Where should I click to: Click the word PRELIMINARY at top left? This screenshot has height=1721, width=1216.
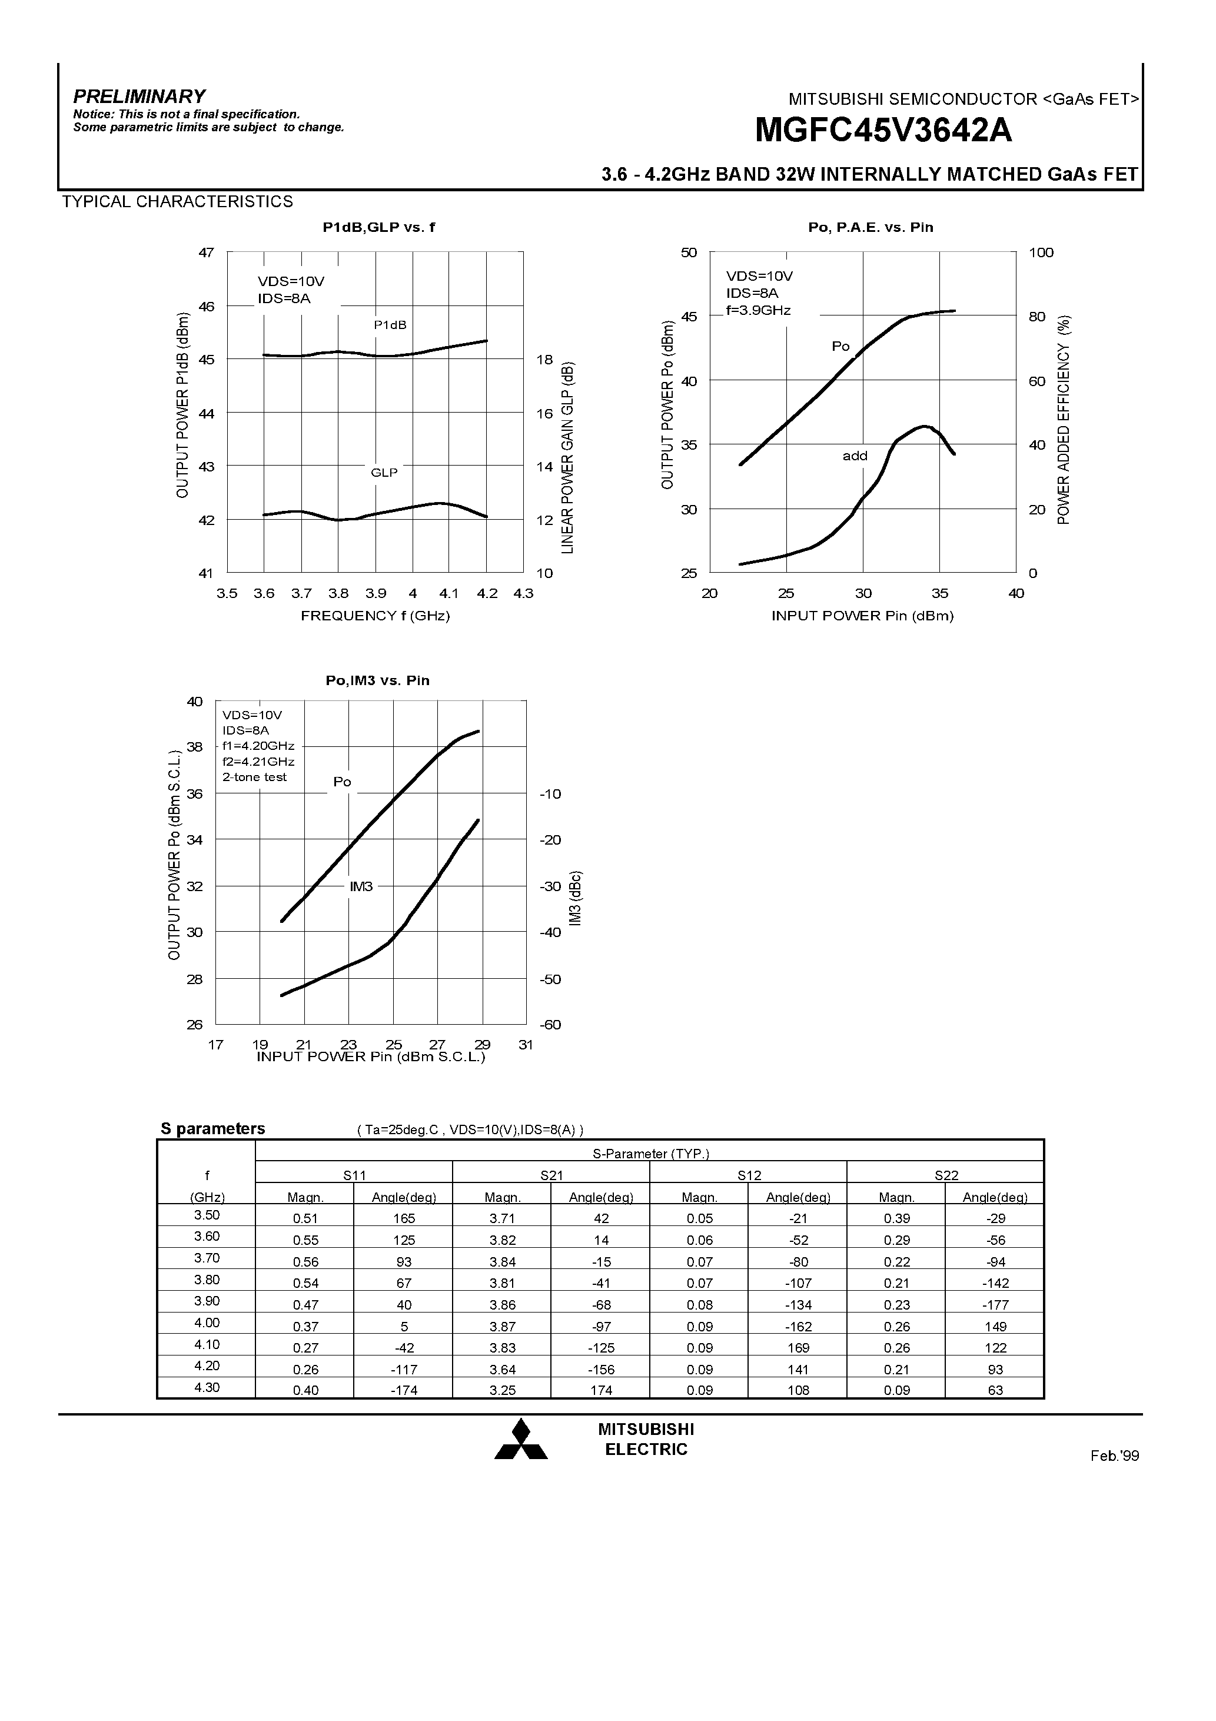coord(139,96)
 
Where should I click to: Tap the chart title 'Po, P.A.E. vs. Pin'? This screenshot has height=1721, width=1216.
coord(871,227)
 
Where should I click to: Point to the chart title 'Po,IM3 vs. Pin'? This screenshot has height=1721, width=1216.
coord(377,680)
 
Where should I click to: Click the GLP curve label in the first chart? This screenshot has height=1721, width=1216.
coord(384,472)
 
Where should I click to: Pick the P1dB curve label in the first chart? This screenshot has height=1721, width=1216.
coord(390,324)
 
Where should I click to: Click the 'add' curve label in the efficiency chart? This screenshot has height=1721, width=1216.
coord(855,456)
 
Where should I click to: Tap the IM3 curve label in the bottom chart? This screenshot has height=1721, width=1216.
coord(361,887)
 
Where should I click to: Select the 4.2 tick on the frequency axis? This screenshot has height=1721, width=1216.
coord(487,594)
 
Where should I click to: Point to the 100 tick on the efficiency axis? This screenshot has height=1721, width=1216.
coord(1041,252)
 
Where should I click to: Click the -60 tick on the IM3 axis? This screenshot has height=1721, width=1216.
coord(550,1025)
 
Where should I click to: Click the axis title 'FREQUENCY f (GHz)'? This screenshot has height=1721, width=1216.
coord(375,616)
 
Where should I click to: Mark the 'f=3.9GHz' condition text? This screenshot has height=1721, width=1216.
coord(758,310)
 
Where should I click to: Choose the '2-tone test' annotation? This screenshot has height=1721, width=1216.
coord(254,778)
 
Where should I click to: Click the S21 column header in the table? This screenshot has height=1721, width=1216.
coord(551,1175)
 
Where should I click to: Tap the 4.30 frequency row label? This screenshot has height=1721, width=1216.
coord(207,1387)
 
